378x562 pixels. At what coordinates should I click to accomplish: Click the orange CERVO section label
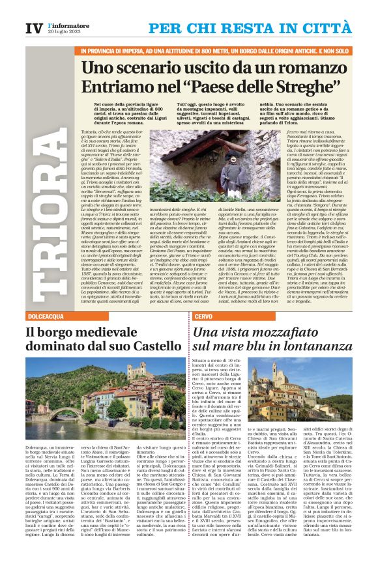pyautogui.click(x=202, y=316)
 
